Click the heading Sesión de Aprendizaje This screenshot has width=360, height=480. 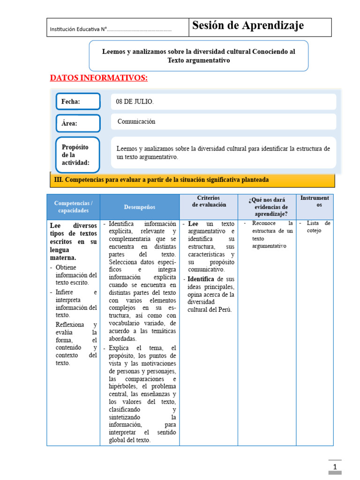pyautogui.click(x=248, y=26)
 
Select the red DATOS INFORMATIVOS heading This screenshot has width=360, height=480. pyautogui.click(x=98, y=78)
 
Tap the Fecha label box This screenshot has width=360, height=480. pyautogui.click(x=78, y=102)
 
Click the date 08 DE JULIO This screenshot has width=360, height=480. pyautogui.click(x=135, y=102)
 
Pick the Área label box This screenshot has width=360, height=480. pyautogui.click(x=78, y=123)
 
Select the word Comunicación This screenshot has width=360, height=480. pyautogui.click(x=136, y=121)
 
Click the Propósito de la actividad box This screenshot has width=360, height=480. pyautogui.click(x=78, y=155)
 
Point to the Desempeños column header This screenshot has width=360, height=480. pyautogui.click(x=139, y=207)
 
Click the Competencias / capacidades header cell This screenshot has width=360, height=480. pyautogui.click(x=73, y=207)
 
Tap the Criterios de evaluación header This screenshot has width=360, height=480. pyautogui.click(x=209, y=201)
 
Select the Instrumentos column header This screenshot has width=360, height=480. pyautogui.click(x=315, y=202)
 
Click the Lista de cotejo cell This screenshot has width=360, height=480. pyautogui.click(x=315, y=227)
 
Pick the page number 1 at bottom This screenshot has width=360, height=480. pyautogui.click(x=335, y=467)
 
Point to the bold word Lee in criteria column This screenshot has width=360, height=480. pyautogui.click(x=193, y=224)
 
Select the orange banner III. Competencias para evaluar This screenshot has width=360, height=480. pyautogui.click(x=192, y=180)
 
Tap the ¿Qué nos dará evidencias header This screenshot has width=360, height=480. pyautogui.click(x=267, y=207)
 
